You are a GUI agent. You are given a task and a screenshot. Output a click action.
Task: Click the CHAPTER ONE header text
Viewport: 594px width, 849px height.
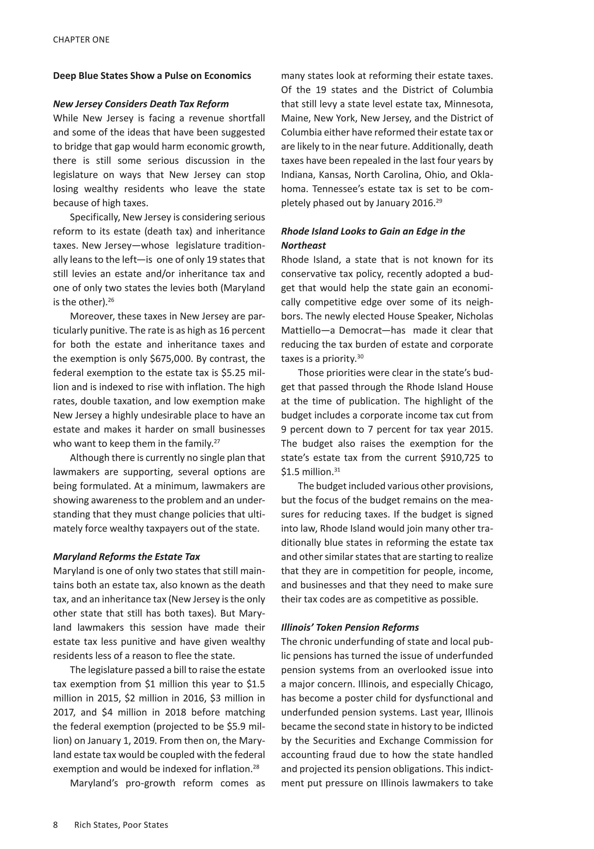pos(81,39)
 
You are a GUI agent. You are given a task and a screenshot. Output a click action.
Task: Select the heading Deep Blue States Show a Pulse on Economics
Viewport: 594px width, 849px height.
pos(152,76)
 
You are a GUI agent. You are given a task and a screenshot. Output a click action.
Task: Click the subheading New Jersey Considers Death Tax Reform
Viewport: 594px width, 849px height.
pos(141,104)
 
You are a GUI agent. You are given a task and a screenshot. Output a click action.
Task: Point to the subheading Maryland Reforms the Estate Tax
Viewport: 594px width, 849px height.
pos(126,557)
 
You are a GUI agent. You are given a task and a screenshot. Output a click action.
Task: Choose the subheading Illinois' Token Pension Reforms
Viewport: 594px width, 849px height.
pos(350,628)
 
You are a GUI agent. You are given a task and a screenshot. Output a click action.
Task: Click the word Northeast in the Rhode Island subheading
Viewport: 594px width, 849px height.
pos(303,245)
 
